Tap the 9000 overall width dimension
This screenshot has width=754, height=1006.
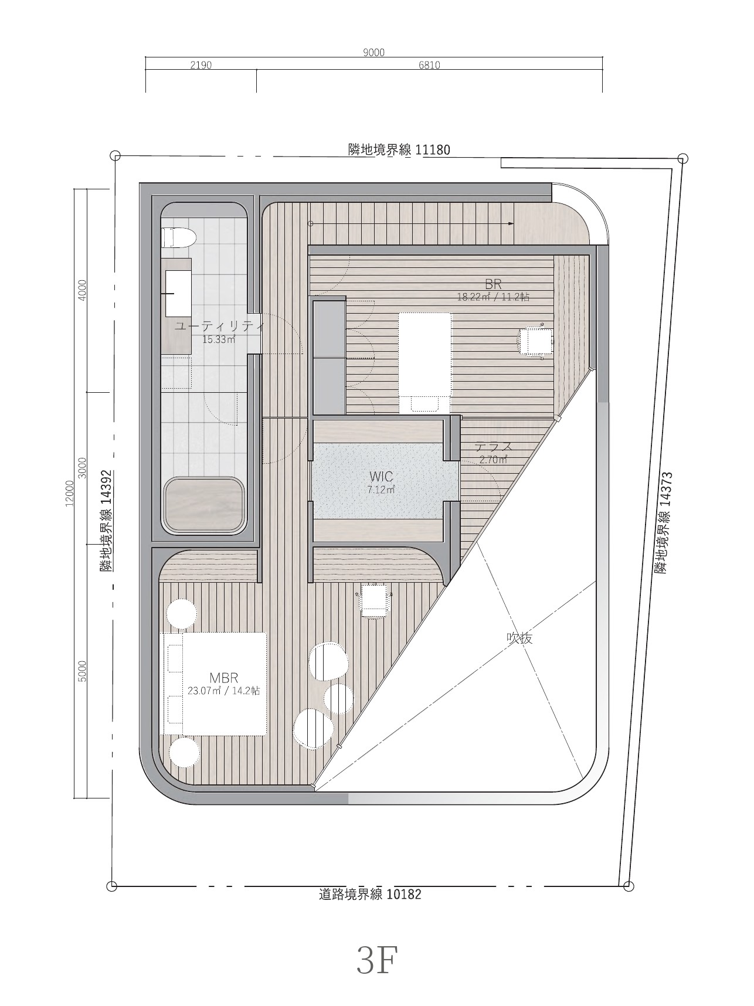(373, 53)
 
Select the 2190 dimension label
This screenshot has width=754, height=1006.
(201, 65)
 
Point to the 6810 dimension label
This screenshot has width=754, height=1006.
(429, 65)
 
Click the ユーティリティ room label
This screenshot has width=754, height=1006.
(220, 326)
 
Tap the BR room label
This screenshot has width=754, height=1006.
(493, 284)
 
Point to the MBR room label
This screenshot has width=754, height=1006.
(223, 679)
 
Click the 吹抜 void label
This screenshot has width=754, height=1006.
(519, 638)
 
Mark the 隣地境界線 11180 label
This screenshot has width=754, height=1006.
(399, 150)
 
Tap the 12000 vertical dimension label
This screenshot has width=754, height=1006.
(70, 492)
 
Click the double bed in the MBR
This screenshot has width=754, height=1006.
(214, 684)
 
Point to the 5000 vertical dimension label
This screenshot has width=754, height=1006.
(83, 671)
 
